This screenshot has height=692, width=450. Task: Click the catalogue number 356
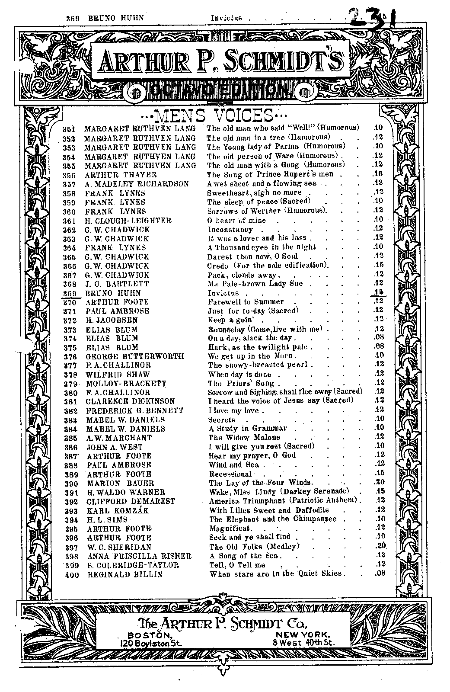(69, 175)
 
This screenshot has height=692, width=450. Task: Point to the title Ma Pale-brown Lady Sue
(255, 284)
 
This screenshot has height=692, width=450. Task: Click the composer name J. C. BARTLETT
(117, 284)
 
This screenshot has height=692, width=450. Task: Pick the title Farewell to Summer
(246, 302)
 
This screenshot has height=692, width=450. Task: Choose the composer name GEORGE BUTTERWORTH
(134, 356)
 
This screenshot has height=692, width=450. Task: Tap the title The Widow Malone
(245, 437)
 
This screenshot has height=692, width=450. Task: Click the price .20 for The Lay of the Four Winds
(380, 482)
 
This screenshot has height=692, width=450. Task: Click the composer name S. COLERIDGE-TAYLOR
(133, 565)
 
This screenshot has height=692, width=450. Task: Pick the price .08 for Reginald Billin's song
(380, 574)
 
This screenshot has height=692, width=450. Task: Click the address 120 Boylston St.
(152, 643)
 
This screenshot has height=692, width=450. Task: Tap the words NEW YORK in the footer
(304, 634)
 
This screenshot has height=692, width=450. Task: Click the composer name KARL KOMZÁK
(118, 510)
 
